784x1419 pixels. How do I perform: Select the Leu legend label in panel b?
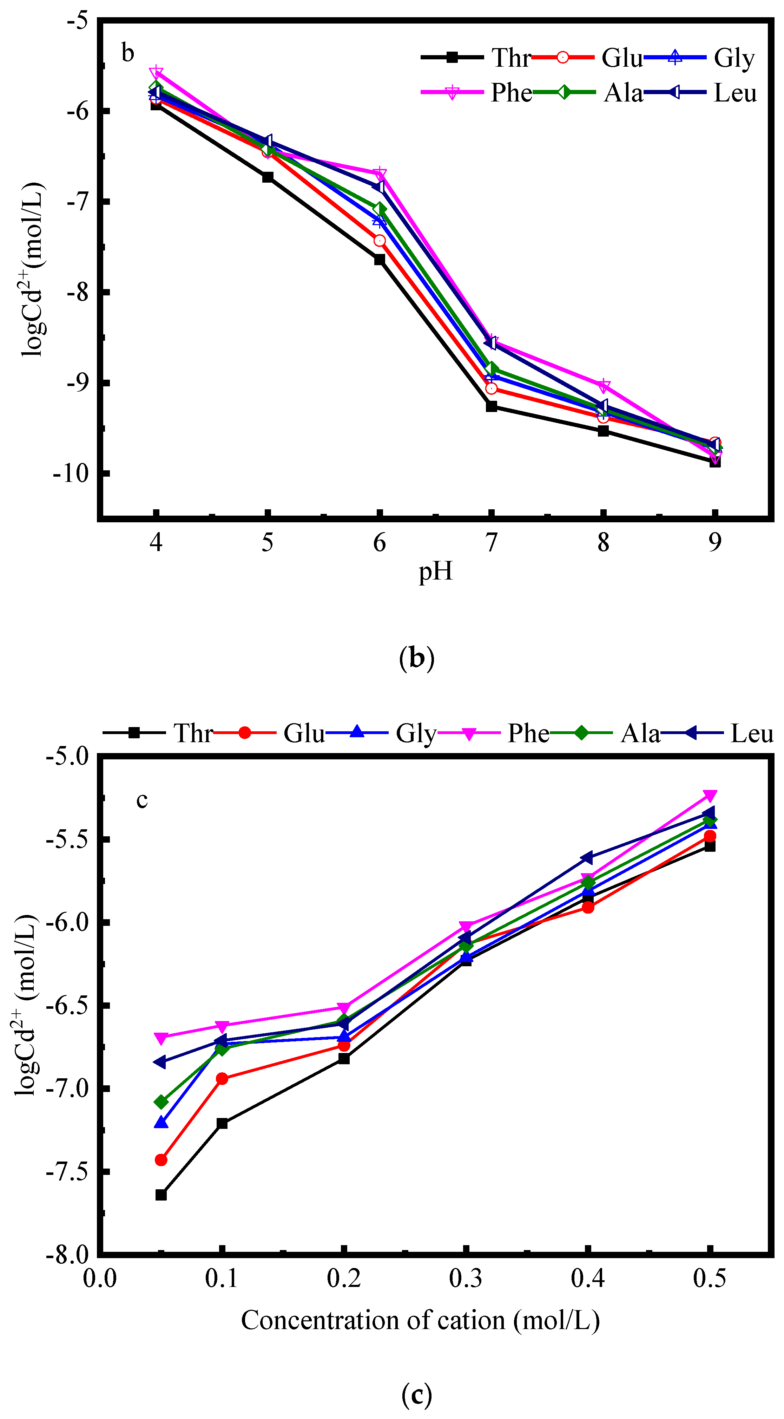click(x=734, y=92)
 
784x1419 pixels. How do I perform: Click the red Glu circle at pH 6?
click(x=379, y=241)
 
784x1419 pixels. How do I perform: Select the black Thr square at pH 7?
click(x=491, y=406)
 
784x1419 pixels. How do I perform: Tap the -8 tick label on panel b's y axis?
click(x=77, y=292)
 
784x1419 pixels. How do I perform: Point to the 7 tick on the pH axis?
click(x=491, y=543)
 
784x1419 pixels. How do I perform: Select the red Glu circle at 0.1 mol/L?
click(x=222, y=1079)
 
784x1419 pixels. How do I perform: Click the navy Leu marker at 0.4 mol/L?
click(x=587, y=858)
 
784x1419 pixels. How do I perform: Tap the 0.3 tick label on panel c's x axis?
click(x=466, y=1278)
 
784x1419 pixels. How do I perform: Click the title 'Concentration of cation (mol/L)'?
click(x=420, y=1320)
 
